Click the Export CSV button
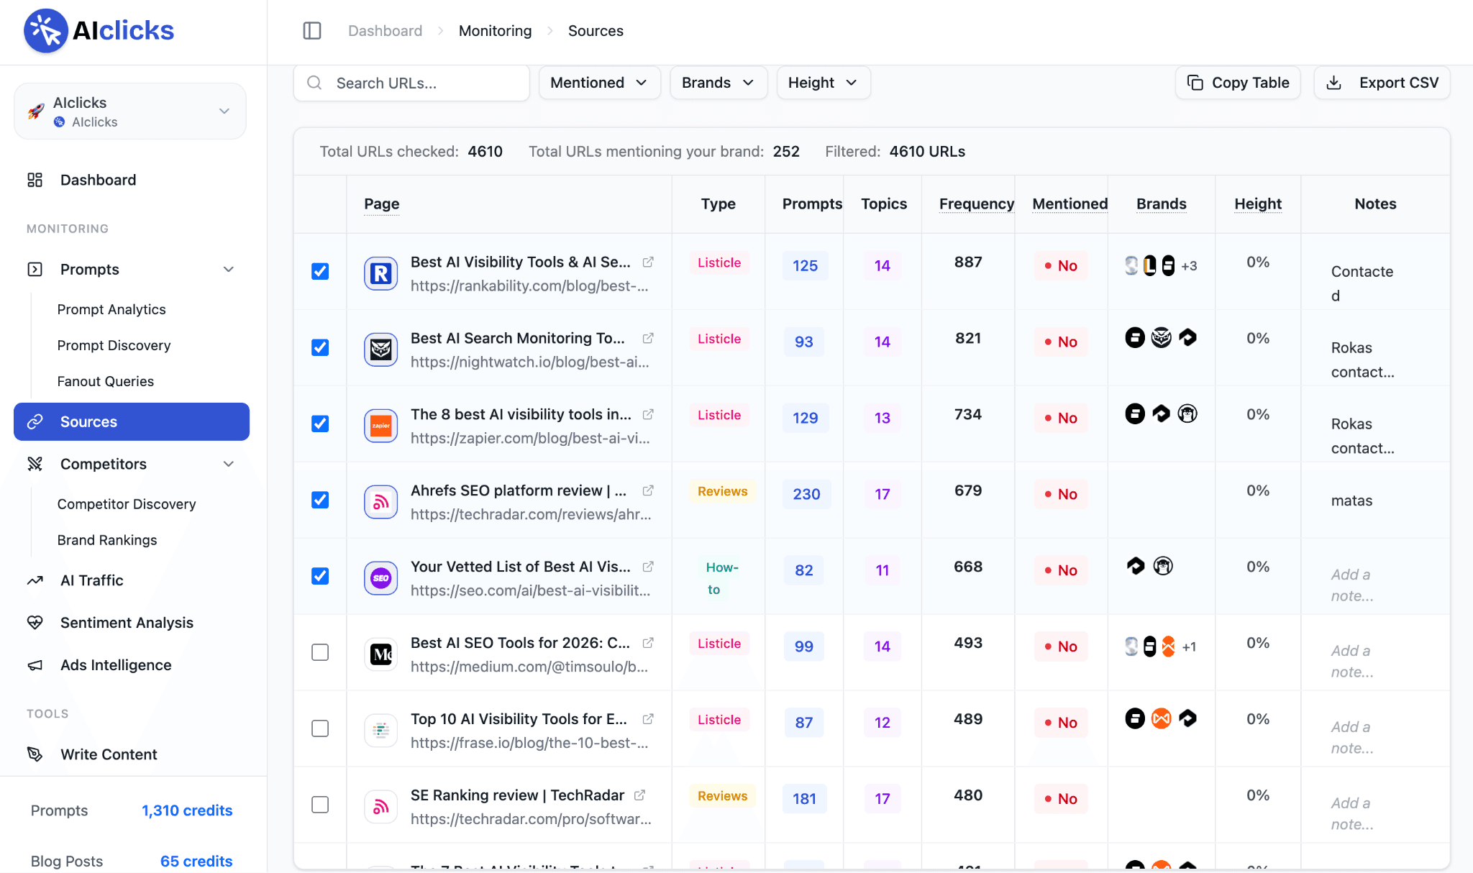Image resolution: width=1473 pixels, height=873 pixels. (x=1382, y=83)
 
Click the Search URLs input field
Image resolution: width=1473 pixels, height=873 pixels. (x=411, y=83)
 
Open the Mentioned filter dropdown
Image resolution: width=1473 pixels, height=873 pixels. (x=599, y=83)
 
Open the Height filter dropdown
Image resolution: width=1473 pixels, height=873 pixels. (x=823, y=83)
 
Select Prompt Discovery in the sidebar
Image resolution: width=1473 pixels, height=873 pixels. (x=114, y=345)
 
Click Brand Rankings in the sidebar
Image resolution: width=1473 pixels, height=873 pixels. (x=107, y=540)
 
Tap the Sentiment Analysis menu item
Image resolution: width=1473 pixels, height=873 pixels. (x=127, y=623)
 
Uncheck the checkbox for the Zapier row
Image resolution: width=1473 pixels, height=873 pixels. (x=320, y=424)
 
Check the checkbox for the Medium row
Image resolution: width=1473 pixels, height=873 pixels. (x=320, y=652)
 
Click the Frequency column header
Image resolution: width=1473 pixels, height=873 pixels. (x=976, y=204)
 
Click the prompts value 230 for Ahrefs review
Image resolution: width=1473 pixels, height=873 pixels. (x=806, y=494)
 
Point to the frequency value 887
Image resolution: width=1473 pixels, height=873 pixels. (x=968, y=262)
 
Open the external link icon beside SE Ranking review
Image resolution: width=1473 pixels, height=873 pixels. (x=639, y=795)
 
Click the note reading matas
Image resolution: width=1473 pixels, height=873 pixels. (x=1351, y=501)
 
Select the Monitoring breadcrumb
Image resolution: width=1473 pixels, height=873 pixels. (x=495, y=31)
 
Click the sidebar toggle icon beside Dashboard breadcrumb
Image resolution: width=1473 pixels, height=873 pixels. (x=312, y=30)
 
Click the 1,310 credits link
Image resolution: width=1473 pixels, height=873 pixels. (x=187, y=810)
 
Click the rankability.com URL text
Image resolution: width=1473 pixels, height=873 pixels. (x=529, y=285)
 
